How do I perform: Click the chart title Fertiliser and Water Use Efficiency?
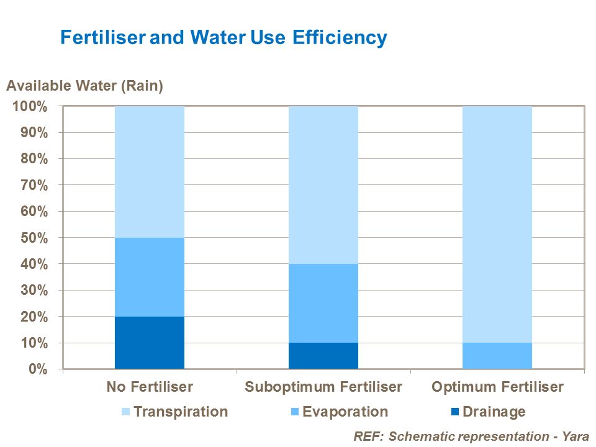(223, 37)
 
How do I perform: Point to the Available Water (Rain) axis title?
(84, 86)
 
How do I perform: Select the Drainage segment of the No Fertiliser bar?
(150, 343)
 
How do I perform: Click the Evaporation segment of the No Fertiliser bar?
(150, 277)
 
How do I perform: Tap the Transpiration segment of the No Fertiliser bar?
(150, 172)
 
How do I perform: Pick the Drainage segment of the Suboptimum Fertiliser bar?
(323, 356)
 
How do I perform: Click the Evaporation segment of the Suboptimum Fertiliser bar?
(323, 303)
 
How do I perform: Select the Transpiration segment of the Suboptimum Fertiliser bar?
(323, 185)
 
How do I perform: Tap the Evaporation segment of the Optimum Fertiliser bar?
(497, 356)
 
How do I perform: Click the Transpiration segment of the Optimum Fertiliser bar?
(497, 224)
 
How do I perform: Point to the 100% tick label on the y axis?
(29, 106)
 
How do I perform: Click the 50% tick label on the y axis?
(33, 238)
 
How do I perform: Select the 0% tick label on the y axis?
(37, 369)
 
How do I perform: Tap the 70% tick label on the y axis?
(33, 185)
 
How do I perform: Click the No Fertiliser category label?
(150, 387)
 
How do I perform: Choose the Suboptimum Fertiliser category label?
(323, 387)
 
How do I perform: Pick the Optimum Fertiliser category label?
(497, 387)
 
